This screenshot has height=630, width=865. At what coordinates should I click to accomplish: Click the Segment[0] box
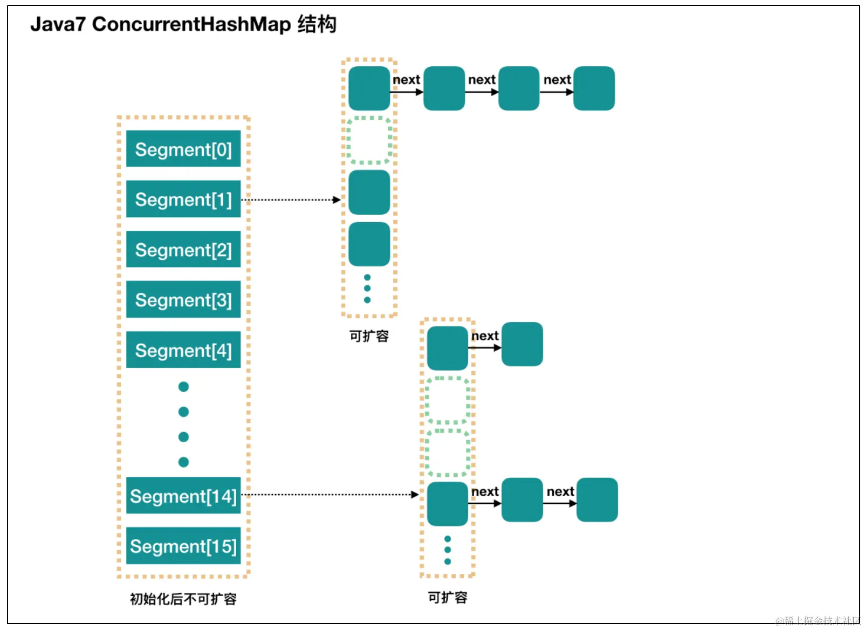click(183, 149)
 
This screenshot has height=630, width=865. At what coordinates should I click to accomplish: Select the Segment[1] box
click(183, 199)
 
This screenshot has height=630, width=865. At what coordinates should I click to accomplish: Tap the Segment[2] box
click(183, 249)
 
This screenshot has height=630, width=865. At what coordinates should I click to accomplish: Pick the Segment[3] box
click(183, 299)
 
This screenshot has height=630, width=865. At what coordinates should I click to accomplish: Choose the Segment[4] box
click(183, 350)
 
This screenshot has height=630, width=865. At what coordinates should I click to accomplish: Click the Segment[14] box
click(183, 496)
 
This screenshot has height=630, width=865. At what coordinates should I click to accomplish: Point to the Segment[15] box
click(183, 546)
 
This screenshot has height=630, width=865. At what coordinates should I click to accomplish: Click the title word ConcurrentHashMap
click(191, 24)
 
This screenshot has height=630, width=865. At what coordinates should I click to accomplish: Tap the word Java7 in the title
click(58, 24)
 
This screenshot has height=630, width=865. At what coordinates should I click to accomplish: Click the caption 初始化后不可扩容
click(183, 599)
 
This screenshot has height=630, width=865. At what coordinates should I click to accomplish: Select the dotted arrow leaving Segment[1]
click(291, 200)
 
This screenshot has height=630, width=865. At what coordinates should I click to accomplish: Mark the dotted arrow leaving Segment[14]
click(330, 494)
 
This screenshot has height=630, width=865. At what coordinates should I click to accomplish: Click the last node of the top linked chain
click(594, 88)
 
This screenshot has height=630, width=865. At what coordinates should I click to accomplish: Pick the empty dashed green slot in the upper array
click(369, 140)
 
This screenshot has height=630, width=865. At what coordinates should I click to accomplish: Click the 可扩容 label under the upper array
click(369, 336)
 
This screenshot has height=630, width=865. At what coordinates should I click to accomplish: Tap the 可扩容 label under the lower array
click(448, 597)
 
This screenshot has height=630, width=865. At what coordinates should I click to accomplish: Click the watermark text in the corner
click(818, 621)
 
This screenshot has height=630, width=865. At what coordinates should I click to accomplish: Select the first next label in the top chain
click(406, 80)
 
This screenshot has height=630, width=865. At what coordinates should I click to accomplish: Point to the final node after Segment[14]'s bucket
click(597, 499)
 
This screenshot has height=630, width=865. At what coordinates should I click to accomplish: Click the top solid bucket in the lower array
click(448, 348)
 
